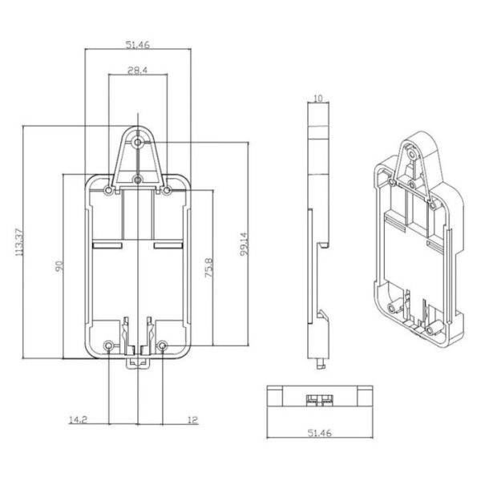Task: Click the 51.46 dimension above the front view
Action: point(137,45)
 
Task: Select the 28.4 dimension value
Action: point(137,71)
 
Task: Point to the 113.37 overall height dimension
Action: point(18,242)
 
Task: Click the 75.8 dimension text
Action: point(208,268)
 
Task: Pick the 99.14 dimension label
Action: point(245,245)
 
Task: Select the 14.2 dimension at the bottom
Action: point(78,419)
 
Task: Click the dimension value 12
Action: point(192,419)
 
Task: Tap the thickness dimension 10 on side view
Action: point(318,99)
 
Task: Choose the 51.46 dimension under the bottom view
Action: point(319,433)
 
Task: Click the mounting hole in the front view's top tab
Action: point(138,143)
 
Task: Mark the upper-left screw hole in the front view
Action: point(108,191)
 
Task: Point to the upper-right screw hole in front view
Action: point(167,191)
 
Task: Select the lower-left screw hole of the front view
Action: point(108,346)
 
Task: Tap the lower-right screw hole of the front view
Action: point(163,346)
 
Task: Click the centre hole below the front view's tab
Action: point(138,180)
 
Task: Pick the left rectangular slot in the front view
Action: point(107,245)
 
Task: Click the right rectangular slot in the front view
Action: point(168,245)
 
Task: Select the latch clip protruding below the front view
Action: point(138,363)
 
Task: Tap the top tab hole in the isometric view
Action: point(412,154)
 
